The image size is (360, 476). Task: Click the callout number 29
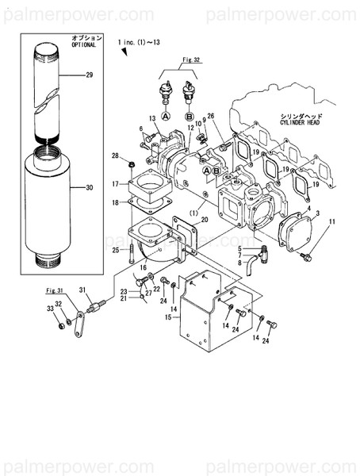pos(89,75)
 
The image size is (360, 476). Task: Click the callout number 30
pos(89,188)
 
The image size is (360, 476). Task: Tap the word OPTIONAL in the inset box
pos(83,45)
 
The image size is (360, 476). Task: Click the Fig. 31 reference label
pos(54,293)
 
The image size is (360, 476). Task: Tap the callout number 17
pos(114,184)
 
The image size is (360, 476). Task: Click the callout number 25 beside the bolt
pos(115,250)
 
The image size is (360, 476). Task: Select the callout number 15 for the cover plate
pos(167,317)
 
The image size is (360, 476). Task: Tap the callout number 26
pos(211,116)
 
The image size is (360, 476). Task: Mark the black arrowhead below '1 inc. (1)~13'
pos(124,52)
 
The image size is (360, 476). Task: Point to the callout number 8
pos(239,263)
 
